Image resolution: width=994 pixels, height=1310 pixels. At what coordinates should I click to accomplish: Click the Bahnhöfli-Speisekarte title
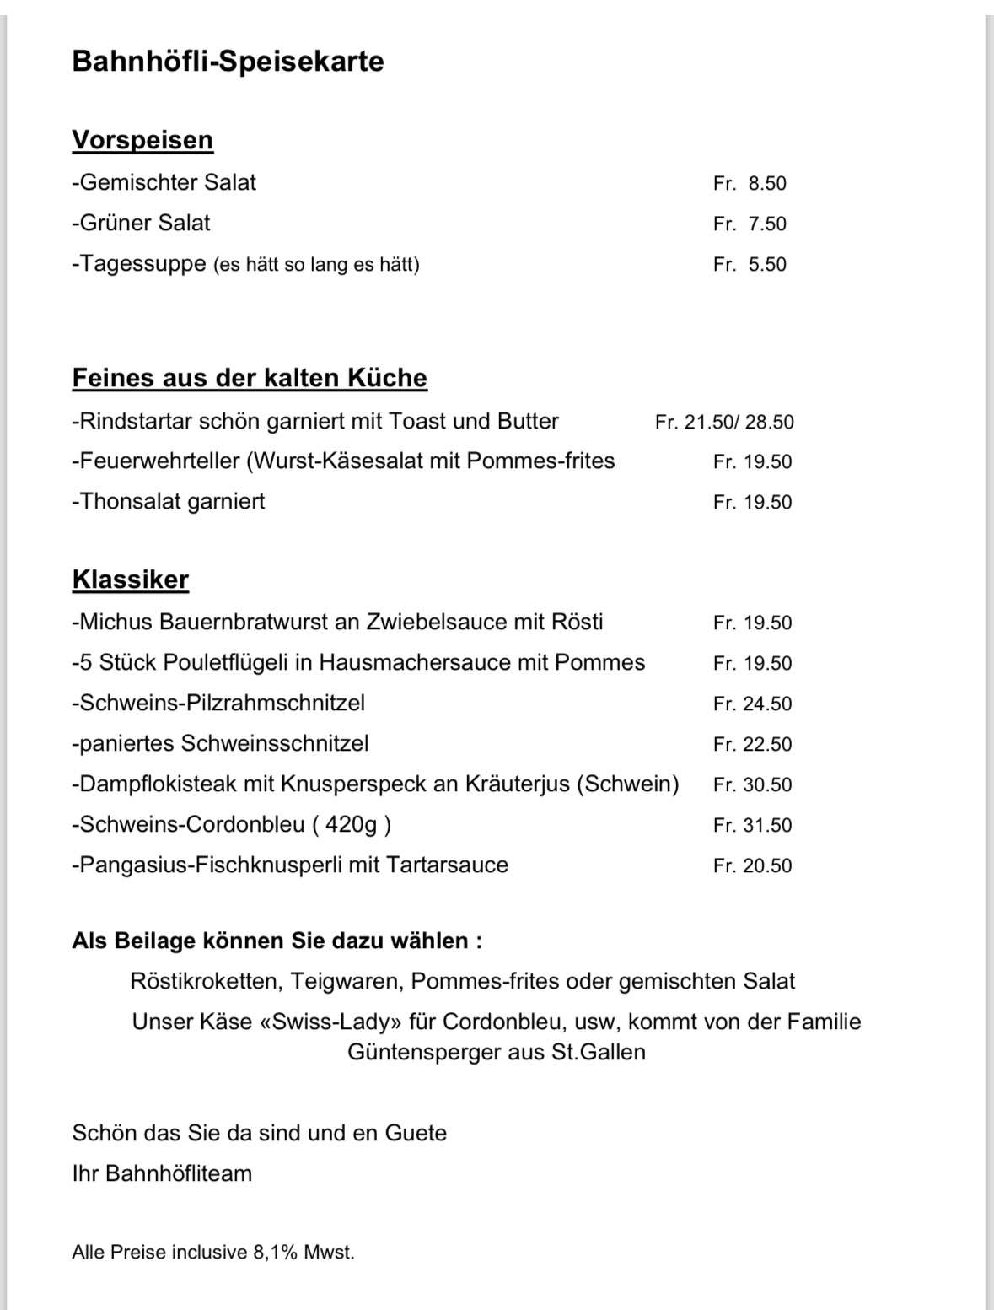[228, 62]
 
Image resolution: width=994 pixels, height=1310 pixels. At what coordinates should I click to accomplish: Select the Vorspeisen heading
[142, 140]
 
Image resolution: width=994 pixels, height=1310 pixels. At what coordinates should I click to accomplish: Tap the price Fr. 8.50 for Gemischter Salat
[750, 183]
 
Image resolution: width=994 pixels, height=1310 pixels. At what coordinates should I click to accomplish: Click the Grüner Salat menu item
[141, 224]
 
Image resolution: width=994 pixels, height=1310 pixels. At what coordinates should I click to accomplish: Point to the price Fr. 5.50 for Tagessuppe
[750, 265]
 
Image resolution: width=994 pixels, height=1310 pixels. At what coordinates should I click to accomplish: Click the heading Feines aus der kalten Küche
[250, 378]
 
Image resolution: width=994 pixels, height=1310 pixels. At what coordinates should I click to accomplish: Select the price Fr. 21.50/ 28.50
[724, 422]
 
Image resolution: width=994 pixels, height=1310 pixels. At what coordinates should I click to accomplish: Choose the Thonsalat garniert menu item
[168, 502]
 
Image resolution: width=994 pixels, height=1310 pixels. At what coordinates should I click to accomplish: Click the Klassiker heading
[131, 580]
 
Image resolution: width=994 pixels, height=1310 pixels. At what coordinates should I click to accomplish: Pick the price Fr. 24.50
[752, 704]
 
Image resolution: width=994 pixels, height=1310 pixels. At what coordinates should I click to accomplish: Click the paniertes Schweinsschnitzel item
[220, 744]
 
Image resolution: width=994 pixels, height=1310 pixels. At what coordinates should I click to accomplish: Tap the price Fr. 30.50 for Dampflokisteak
[752, 784]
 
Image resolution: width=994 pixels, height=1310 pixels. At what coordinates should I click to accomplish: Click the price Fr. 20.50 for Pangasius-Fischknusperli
[752, 865]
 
